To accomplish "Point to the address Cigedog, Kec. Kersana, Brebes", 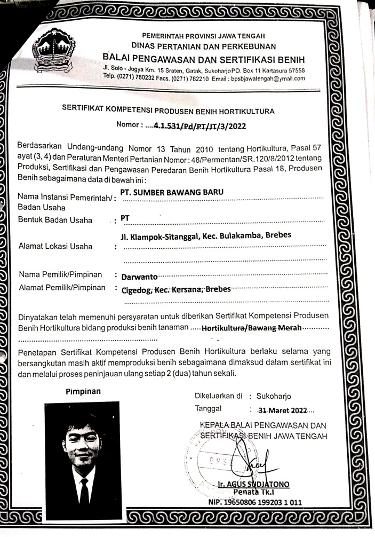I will tap(176, 289).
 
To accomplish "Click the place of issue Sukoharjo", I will tap(274, 396).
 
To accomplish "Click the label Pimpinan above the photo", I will tap(83, 391).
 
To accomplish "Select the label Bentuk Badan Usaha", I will tap(55, 220).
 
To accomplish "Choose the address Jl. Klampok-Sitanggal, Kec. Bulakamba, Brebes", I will tap(206, 235).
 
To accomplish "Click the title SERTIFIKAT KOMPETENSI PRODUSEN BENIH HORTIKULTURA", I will tap(168, 111).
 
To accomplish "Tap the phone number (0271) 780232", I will tap(143, 78).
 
